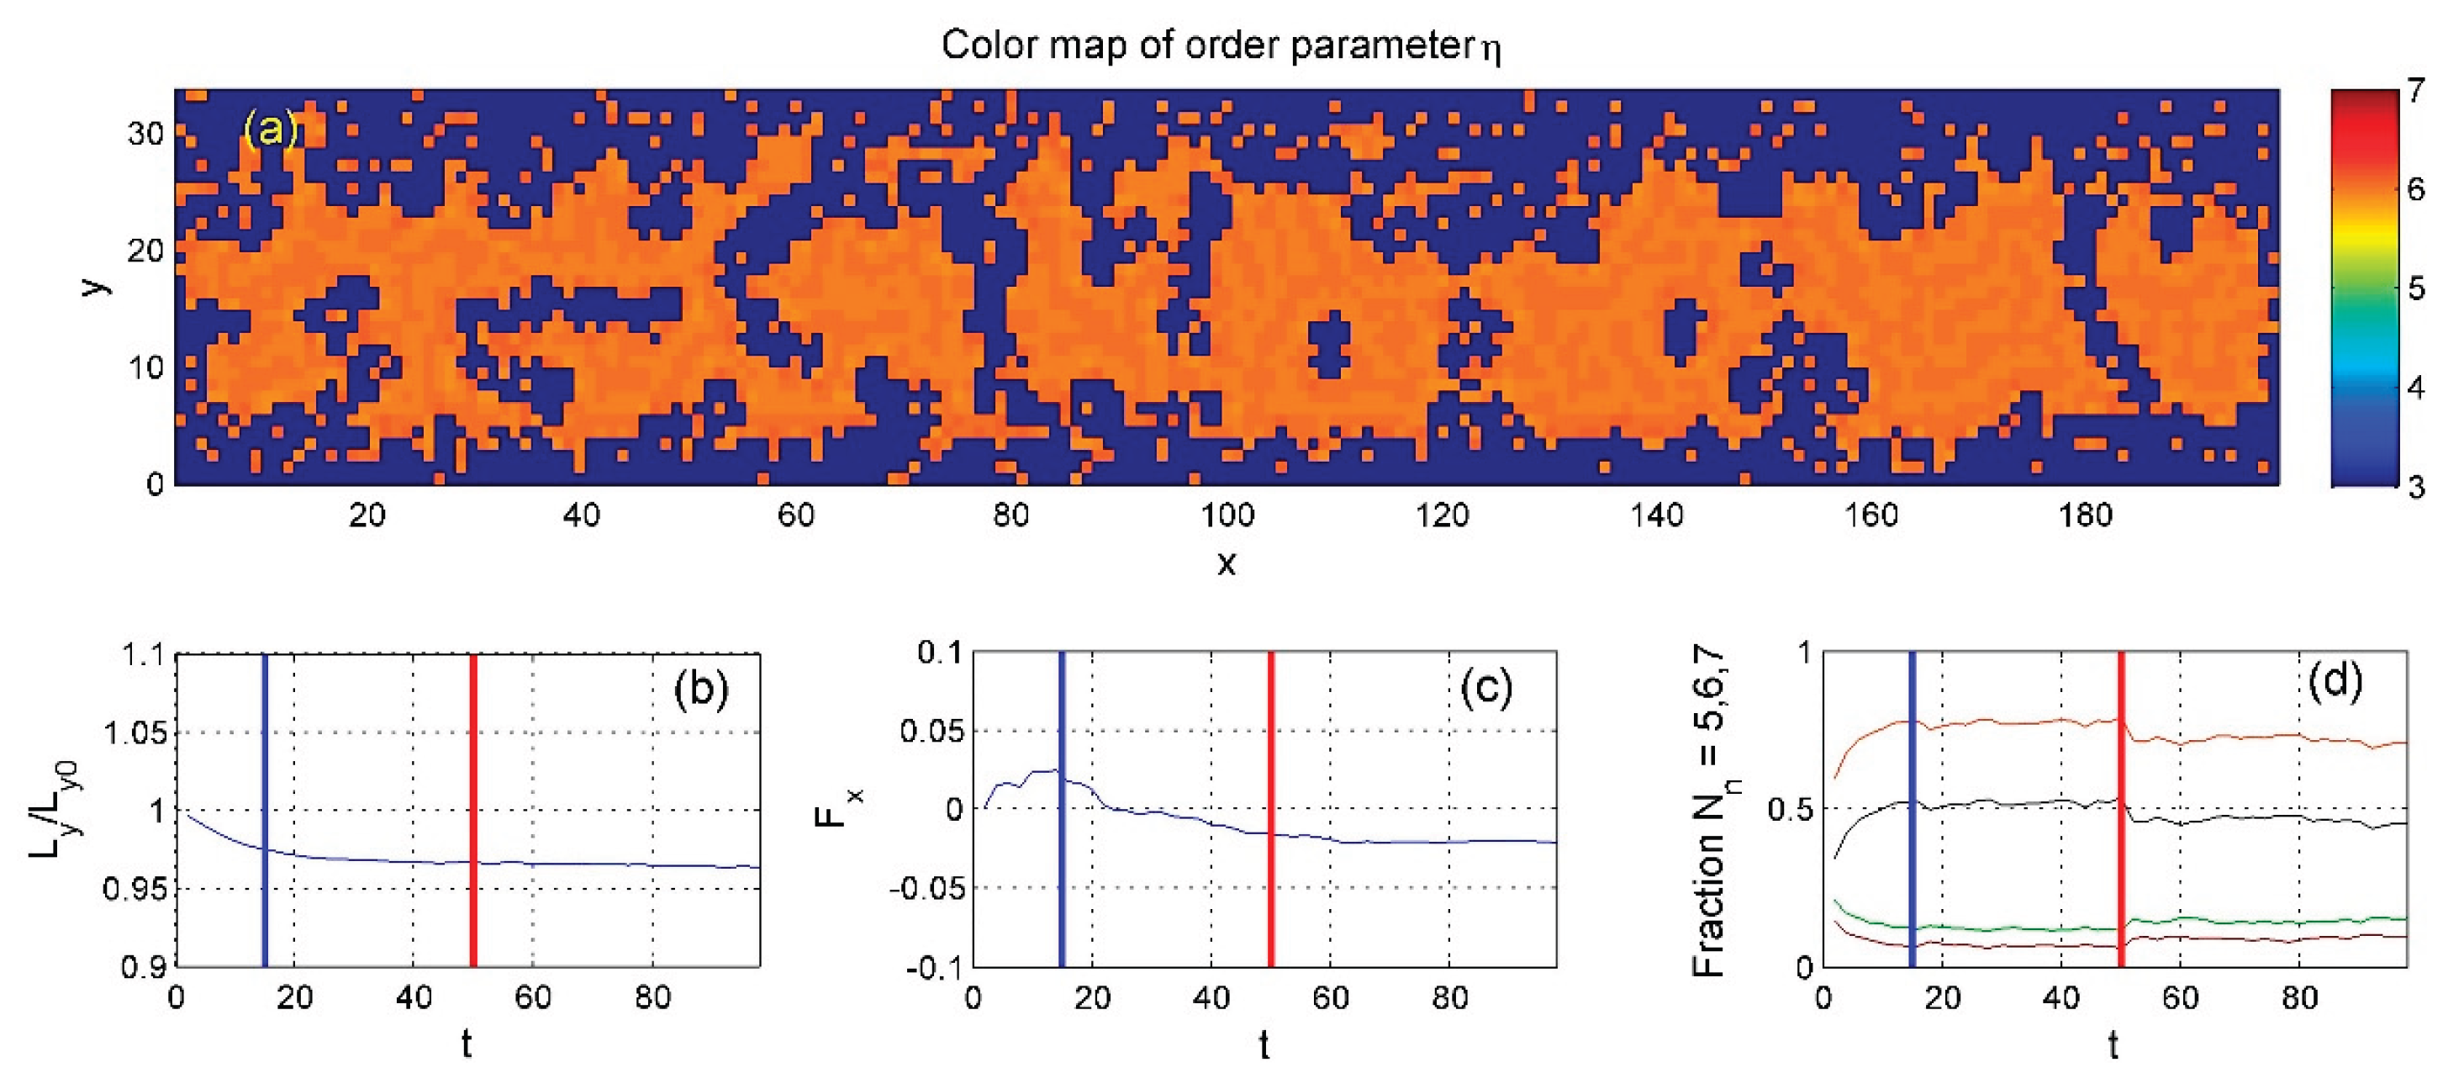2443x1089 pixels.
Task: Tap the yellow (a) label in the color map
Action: pos(272,128)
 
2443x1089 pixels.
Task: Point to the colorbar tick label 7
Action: pos(2414,92)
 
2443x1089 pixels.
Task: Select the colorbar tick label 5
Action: pos(2414,288)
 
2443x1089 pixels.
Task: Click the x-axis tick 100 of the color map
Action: pos(1227,516)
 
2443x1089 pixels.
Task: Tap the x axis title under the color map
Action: pos(1227,563)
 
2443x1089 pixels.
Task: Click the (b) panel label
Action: pos(700,689)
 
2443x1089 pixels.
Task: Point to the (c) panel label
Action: pos(1487,689)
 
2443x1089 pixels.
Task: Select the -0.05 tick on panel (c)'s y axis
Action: pos(926,889)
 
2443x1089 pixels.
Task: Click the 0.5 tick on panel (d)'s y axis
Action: pos(1789,809)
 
